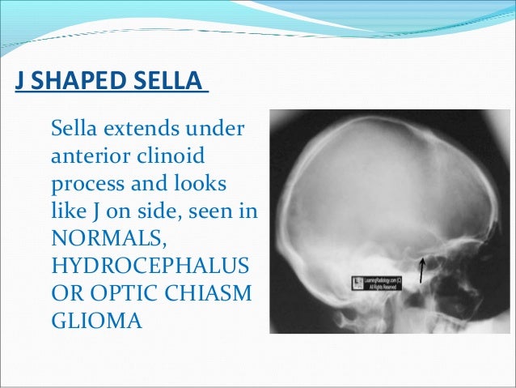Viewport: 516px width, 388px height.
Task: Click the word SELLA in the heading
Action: (x=171, y=83)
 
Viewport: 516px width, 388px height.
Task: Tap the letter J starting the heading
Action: (x=19, y=83)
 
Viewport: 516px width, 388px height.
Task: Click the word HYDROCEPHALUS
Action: (x=149, y=266)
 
